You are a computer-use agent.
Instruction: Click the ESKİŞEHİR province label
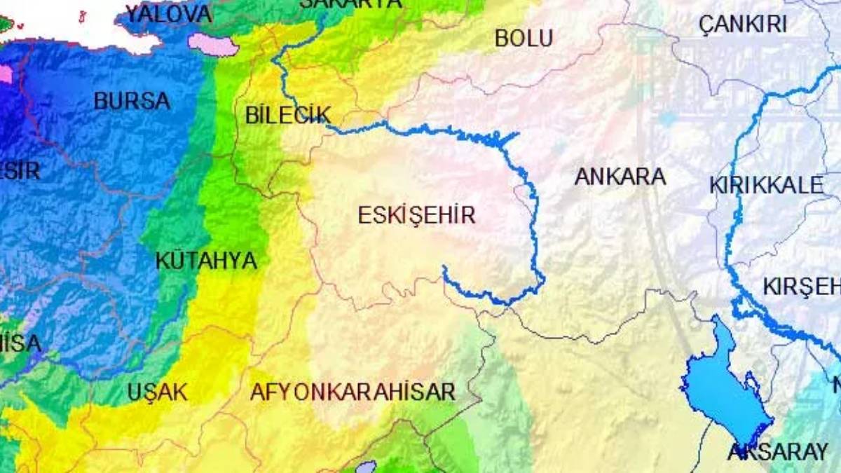coord(416,215)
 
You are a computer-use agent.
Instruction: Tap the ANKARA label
coord(620,177)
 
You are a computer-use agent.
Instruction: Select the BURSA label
coord(132,101)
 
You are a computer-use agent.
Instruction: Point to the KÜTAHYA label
coord(206,261)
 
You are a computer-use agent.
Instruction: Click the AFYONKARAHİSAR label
coord(353,392)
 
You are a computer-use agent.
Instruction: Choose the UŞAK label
coord(158,392)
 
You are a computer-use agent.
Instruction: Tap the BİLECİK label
coord(288,116)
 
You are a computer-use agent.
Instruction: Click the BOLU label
coord(524,39)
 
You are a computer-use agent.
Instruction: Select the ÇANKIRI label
coord(743,25)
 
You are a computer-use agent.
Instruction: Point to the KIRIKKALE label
coord(766,186)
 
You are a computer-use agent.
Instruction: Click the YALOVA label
coord(168,13)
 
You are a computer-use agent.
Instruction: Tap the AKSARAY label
coord(778,452)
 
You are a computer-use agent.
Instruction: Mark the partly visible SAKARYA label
coord(350,4)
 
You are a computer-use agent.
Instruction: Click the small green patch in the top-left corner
coord(6,24)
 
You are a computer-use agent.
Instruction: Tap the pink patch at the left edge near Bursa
coord(6,74)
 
